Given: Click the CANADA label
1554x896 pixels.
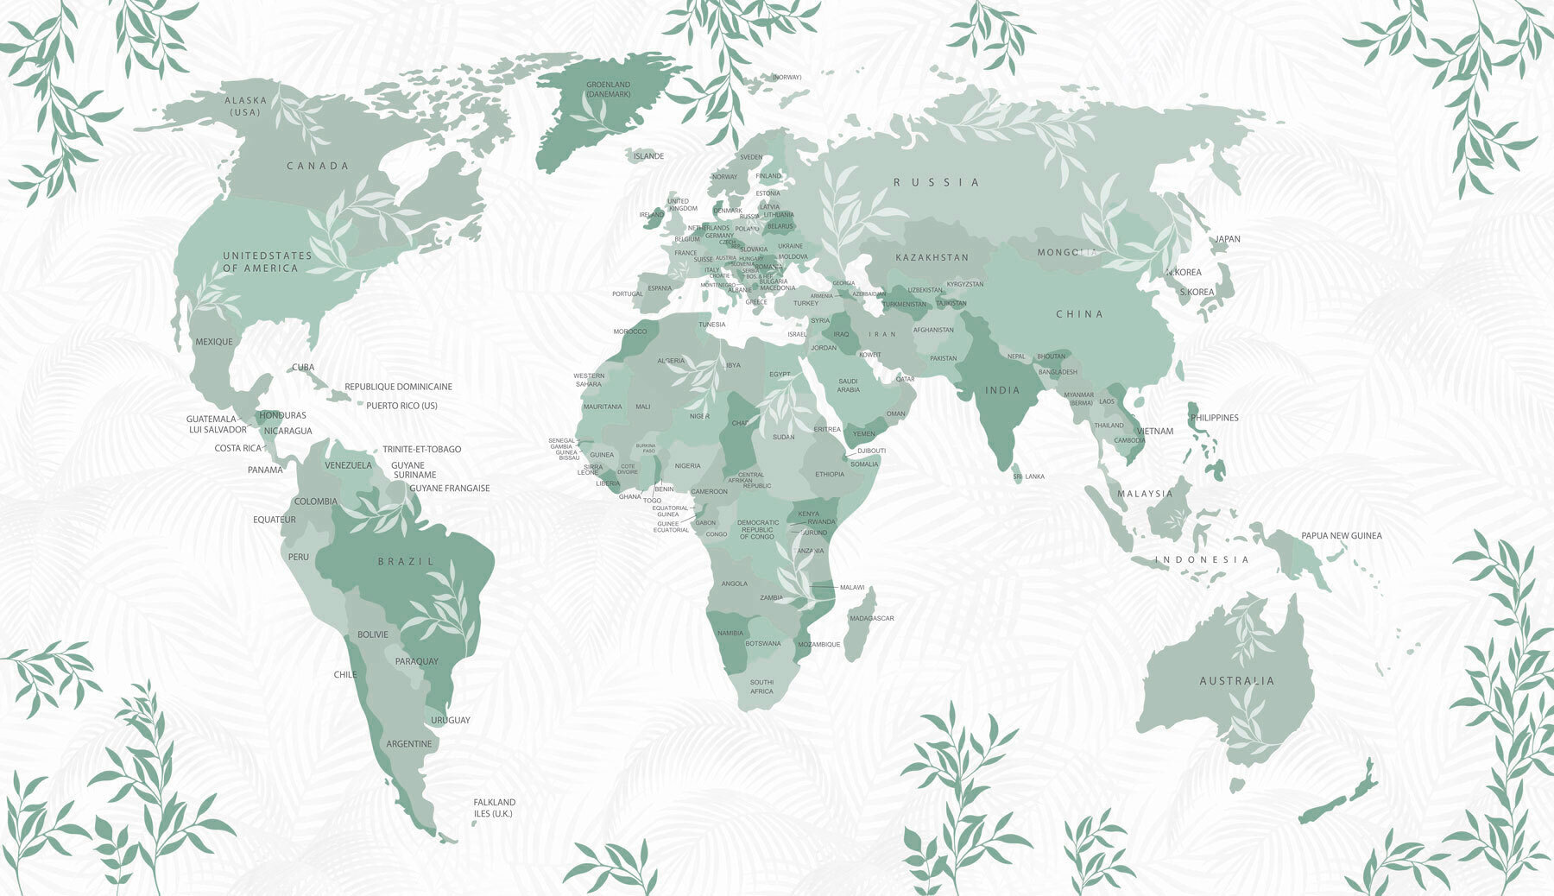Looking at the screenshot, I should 318,166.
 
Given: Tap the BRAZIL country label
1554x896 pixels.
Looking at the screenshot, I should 407,561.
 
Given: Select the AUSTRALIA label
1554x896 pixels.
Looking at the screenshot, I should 1236,681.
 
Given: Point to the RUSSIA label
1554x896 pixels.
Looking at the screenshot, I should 937,182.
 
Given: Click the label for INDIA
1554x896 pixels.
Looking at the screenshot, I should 1002,390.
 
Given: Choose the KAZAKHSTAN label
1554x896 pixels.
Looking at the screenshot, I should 932,257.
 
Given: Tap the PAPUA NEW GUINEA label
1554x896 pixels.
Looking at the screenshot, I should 1341,535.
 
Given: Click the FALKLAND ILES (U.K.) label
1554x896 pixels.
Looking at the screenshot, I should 494,808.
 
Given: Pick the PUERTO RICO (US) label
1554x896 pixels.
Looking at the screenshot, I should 401,406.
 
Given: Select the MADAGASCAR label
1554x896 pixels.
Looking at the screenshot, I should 871,618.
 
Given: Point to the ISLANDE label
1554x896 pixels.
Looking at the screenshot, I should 648,156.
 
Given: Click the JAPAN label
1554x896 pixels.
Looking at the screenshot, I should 1227,239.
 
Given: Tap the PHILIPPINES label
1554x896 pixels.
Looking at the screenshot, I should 1214,418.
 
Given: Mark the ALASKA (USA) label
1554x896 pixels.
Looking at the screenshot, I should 245,106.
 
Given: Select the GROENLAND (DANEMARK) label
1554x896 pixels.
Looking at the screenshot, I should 608,89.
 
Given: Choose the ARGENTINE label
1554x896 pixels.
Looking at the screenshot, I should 408,744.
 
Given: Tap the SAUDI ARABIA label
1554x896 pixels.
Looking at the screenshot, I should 848,385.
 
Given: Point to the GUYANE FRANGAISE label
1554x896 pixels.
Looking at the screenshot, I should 449,489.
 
